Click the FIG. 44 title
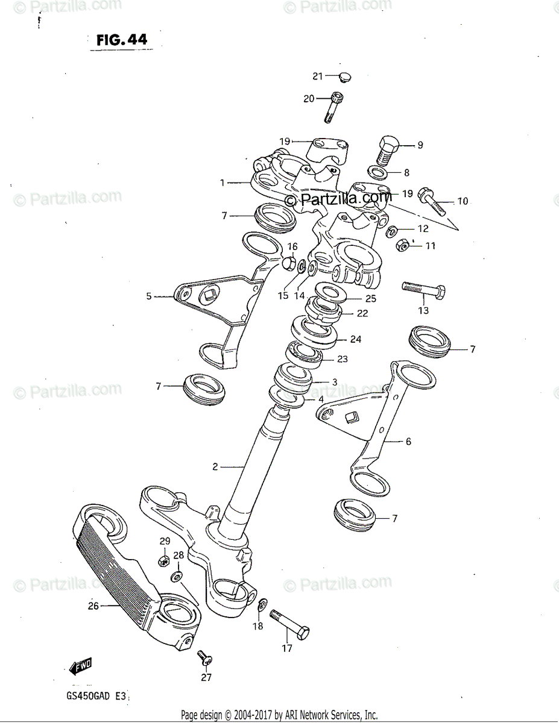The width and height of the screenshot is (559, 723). (x=121, y=40)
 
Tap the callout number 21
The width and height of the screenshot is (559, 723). (x=318, y=76)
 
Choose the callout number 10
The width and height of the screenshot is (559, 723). (x=462, y=201)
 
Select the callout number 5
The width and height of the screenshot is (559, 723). (x=148, y=296)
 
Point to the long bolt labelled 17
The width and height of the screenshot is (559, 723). (x=290, y=624)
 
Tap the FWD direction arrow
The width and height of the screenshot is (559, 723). (x=79, y=665)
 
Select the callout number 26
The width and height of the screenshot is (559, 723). (x=93, y=606)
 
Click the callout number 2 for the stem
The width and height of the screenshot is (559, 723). (x=215, y=466)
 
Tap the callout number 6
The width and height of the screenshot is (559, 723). (x=408, y=442)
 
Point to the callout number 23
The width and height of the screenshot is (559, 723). (x=343, y=359)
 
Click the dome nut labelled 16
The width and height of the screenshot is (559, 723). (x=289, y=264)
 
